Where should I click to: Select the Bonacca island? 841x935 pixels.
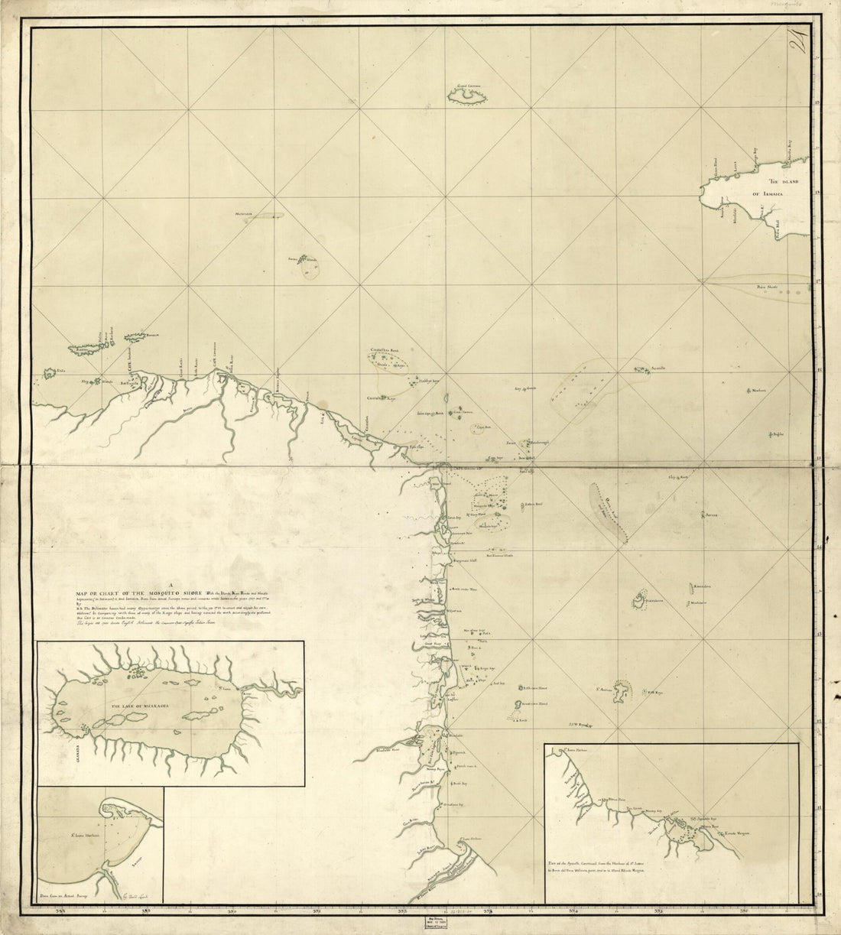[x=140, y=335]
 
